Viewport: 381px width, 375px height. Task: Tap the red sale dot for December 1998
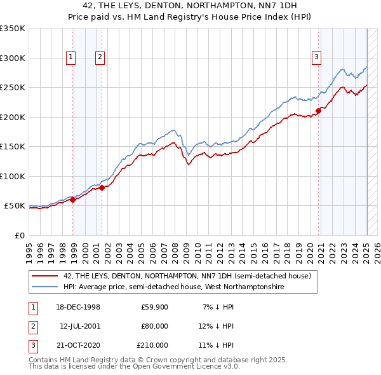(x=73, y=200)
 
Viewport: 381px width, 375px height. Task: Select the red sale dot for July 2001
(x=102, y=187)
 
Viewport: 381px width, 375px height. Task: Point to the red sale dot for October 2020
(x=318, y=111)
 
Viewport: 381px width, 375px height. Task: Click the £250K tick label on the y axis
(x=13, y=88)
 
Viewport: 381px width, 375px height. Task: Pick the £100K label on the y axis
(x=13, y=176)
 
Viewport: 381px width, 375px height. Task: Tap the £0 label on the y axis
(x=19, y=235)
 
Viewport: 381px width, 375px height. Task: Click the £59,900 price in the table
(x=154, y=308)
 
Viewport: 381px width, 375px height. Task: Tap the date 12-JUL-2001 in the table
(x=80, y=326)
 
